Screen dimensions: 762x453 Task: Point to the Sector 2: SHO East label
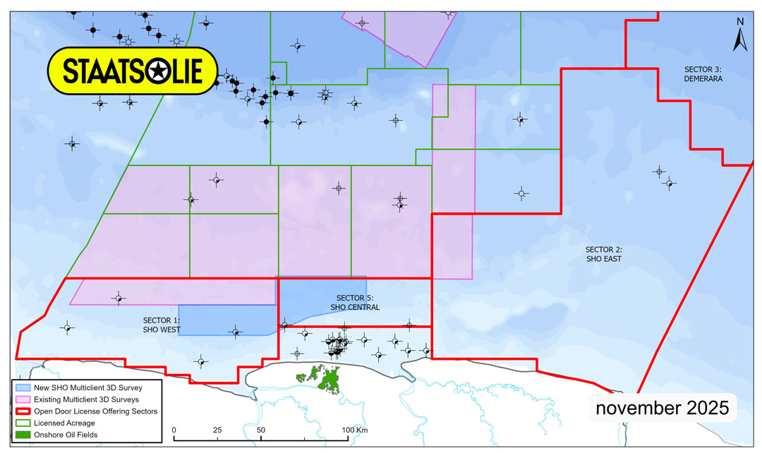point(603,254)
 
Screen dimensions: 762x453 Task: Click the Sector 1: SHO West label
point(162,325)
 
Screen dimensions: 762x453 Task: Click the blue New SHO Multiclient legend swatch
point(22,388)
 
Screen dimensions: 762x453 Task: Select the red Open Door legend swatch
point(22,411)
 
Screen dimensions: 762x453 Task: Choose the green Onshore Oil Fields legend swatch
point(22,435)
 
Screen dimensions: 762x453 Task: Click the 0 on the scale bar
point(174,430)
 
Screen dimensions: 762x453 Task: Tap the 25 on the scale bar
point(217,430)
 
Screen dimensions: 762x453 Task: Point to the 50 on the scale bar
point(260,430)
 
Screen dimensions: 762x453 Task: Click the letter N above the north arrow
point(740,21)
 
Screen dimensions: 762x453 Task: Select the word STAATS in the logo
point(103,71)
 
